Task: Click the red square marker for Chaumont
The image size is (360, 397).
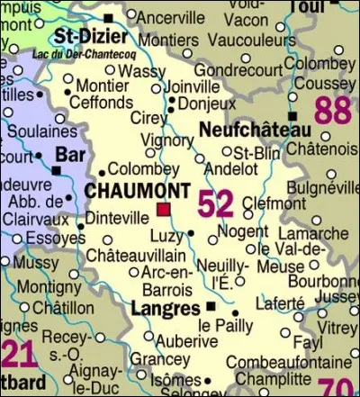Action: coord(163,209)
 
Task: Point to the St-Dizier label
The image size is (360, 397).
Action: coord(88,37)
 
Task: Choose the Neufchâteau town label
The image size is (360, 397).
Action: coord(245,130)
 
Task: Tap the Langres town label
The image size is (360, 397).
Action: coord(165,309)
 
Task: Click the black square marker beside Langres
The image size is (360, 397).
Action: coord(211,306)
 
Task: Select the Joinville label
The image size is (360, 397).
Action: coord(193,86)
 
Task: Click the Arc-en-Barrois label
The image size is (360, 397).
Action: coord(168,281)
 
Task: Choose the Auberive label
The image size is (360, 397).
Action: coord(186,341)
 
